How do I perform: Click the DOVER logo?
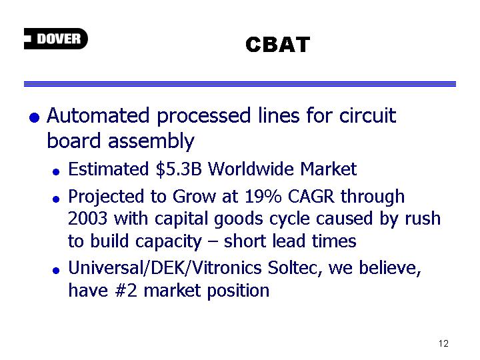click(56, 39)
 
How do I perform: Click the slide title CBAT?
click(277, 45)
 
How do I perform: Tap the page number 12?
click(443, 343)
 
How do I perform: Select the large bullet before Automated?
click(34, 117)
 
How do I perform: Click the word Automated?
click(98, 115)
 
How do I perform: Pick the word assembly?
click(151, 141)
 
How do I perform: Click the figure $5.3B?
click(179, 169)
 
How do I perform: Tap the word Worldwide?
click(251, 169)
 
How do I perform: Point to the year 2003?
click(87, 219)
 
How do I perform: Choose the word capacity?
click(169, 242)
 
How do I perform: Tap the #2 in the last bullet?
click(126, 290)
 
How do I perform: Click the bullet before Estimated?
click(56, 172)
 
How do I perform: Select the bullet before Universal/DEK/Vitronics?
click(56, 271)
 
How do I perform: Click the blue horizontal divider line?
click(240, 84)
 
